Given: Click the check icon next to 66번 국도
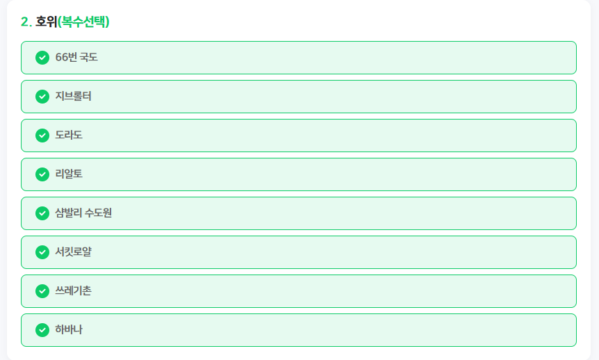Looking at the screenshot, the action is (x=42, y=58).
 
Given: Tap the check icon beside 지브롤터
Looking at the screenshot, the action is (x=42, y=97).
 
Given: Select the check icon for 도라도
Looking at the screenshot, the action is (x=42, y=136).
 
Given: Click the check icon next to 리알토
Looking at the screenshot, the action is (x=42, y=174).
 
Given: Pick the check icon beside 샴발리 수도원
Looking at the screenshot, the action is (x=42, y=213).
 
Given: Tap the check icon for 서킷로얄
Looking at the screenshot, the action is (x=42, y=252).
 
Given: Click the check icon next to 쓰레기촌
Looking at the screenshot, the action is (x=42, y=291).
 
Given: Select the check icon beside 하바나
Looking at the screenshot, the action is (x=42, y=330).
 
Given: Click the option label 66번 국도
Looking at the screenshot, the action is (x=76, y=57).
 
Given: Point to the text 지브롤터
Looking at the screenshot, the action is (x=74, y=96).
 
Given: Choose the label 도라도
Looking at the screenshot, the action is (x=69, y=135).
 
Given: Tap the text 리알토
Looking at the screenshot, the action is (x=69, y=174).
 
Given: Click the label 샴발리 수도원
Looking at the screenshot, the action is (x=83, y=213).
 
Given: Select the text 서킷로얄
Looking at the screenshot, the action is (x=74, y=252).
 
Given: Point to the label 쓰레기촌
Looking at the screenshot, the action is (x=74, y=291).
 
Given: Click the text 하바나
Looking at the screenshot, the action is (x=69, y=329).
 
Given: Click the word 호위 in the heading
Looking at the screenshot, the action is (x=47, y=22).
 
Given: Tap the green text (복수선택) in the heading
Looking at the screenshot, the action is (x=83, y=22).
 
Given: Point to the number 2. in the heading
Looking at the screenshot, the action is (x=26, y=22).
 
